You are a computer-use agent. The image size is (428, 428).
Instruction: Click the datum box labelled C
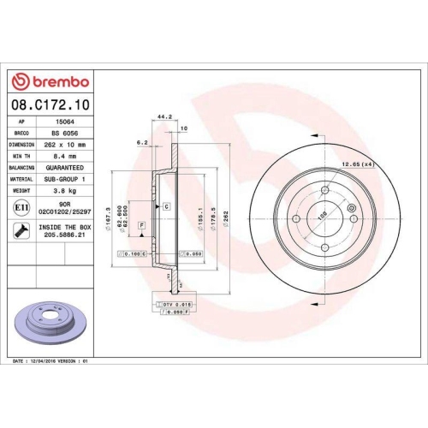[166, 206]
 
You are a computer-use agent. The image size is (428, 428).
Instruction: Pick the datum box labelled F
[141, 224]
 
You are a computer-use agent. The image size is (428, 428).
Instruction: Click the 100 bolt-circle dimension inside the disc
[322, 217]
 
